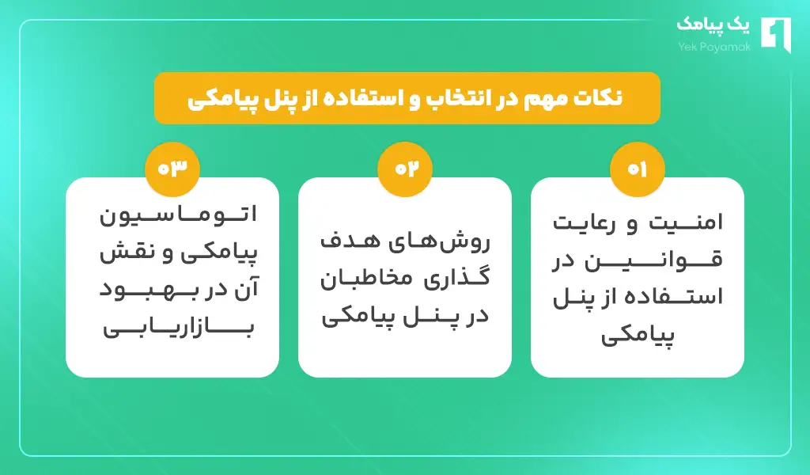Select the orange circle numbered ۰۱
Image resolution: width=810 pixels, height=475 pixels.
tap(637, 169)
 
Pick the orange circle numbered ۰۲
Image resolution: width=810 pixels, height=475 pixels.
tap(405, 169)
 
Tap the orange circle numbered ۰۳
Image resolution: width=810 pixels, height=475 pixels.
tap(172, 169)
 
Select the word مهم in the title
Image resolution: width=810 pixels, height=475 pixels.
tap(554, 97)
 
